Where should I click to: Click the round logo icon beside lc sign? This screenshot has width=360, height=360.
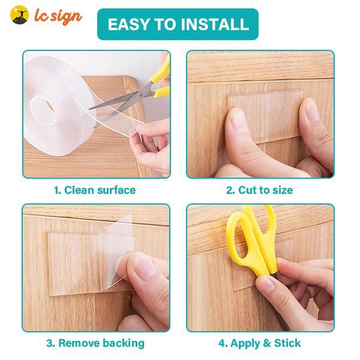[x=19, y=16]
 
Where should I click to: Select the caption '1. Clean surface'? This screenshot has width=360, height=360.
[x=95, y=190]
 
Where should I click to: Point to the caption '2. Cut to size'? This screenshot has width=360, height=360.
[x=259, y=190]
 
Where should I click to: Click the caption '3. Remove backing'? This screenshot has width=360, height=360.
[x=95, y=343]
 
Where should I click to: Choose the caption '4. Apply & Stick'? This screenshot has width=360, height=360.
[x=259, y=343]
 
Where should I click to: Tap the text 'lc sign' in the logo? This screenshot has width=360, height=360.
[x=58, y=16]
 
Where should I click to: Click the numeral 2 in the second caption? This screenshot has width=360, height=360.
[x=229, y=190]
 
